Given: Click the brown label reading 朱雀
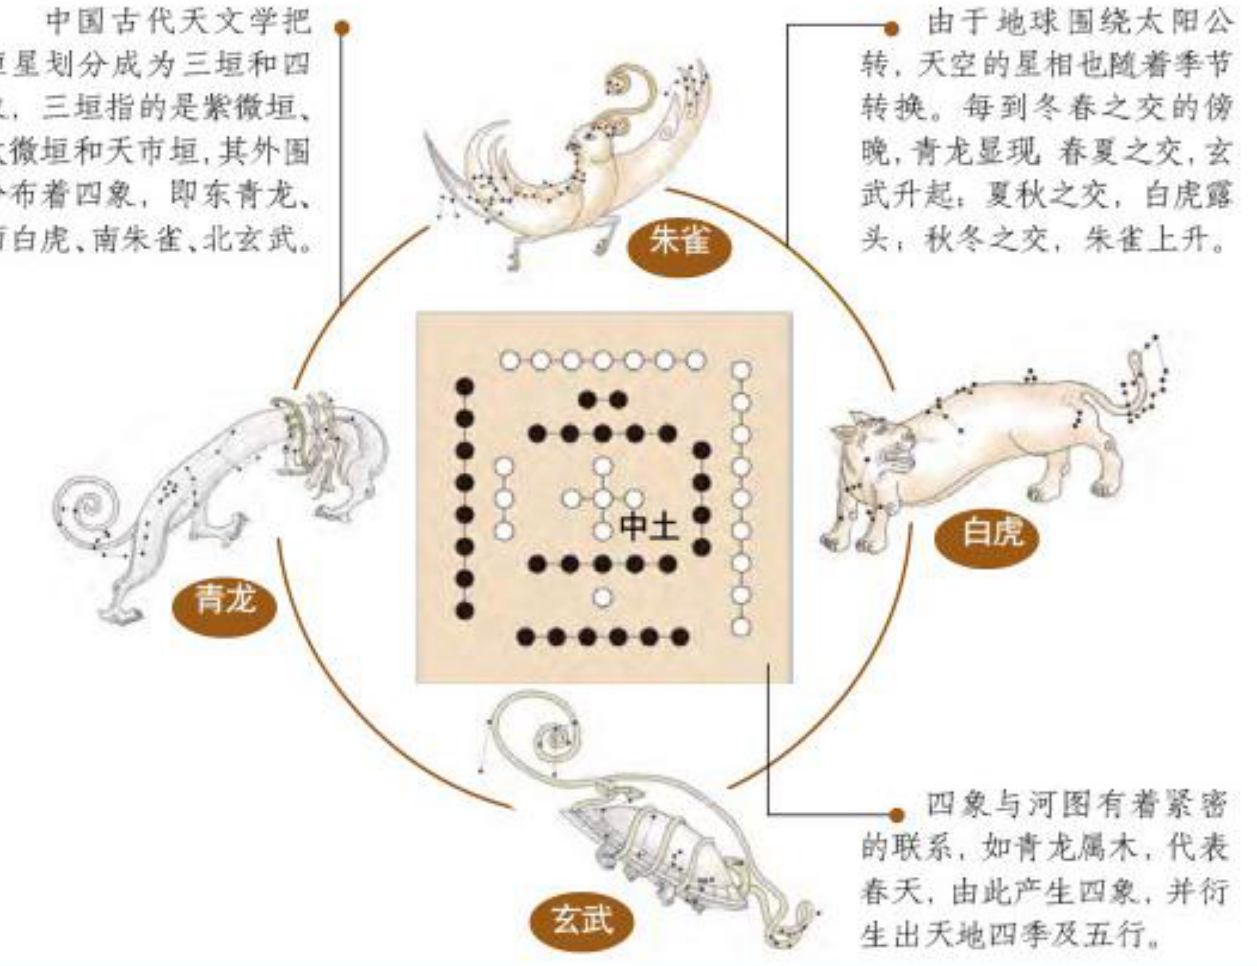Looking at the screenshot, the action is (679, 240).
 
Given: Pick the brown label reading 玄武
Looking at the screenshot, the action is (583, 921).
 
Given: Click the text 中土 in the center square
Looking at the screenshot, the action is (649, 526).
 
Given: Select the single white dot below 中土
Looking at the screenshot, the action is (603, 597).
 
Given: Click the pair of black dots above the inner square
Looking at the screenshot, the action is (602, 399).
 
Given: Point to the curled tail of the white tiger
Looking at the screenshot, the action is (1147, 375).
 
